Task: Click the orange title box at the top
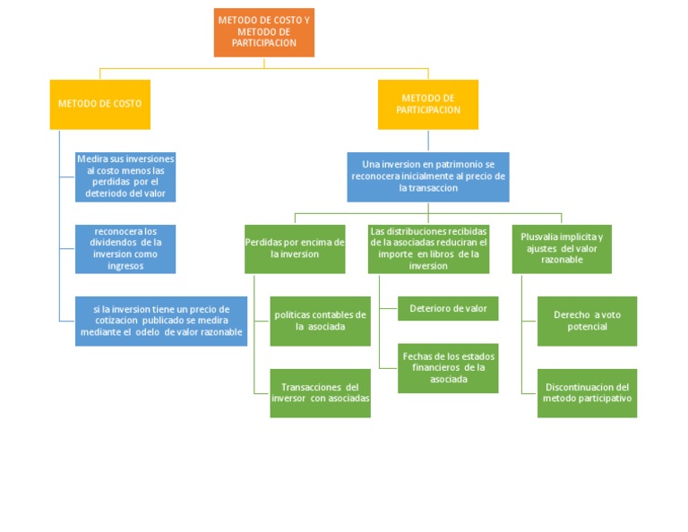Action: coord(263,33)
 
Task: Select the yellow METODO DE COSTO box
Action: coord(99,104)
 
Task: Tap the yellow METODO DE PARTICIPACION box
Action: coord(428,104)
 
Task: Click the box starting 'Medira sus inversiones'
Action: coord(125,176)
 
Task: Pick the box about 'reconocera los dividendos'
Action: coord(125,248)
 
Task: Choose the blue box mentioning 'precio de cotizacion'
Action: coord(161,321)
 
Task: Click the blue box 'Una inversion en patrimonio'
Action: coord(428,176)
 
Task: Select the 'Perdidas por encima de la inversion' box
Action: coord(295,248)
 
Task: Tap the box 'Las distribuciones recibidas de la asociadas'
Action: coord(428,248)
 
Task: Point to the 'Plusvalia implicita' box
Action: coord(562,248)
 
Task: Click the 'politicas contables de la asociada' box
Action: coord(320,321)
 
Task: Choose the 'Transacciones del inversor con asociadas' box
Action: coord(320,392)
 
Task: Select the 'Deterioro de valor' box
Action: coord(448,308)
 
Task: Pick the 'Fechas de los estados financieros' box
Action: coord(448,367)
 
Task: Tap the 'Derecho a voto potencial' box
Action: coord(587,321)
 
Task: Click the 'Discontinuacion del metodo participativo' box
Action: coord(587,392)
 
